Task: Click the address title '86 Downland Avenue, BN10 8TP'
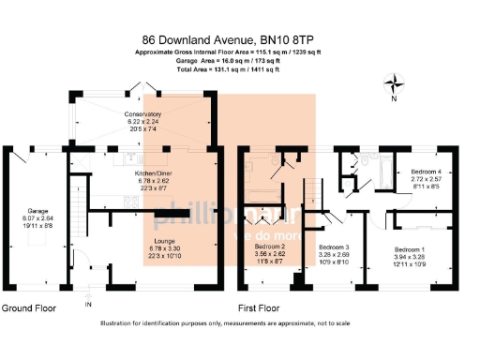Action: pyautogui.click(x=240, y=39)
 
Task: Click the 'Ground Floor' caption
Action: pyautogui.click(x=27, y=307)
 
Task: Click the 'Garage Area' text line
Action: pyautogui.click(x=240, y=60)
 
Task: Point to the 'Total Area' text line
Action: pyautogui.click(x=240, y=69)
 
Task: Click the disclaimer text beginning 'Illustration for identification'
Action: pyautogui.click(x=240, y=323)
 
